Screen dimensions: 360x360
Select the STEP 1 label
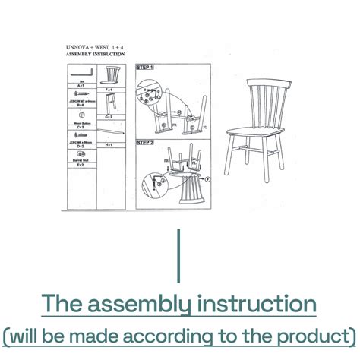tap(145, 68)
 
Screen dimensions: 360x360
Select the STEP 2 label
tap(145, 141)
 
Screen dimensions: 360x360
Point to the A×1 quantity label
tap(81, 87)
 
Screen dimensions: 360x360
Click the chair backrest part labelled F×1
tap(112, 76)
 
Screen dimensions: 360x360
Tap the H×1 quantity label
tap(110, 144)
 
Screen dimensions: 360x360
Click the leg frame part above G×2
tap(111, 106)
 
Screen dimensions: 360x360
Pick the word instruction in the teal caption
tap(257, 305)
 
